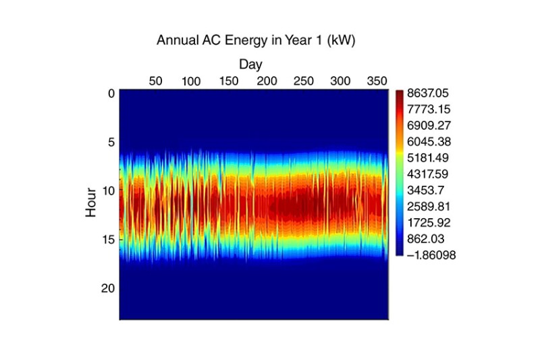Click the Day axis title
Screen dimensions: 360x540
(250, 64)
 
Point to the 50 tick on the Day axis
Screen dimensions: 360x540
(155, 81)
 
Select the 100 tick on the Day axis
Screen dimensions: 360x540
(192, 81)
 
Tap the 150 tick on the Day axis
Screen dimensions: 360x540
(229, 81)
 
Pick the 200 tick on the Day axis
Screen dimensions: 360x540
(267, 81)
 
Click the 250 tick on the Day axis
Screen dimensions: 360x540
(304, 81)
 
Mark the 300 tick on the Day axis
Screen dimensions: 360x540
(341, 81)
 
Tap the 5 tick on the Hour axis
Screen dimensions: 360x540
(111, 142)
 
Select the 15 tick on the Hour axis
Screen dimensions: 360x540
(108, 239)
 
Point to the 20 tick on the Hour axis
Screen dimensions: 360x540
(108, 288)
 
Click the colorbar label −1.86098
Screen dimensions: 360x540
(433, 254)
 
